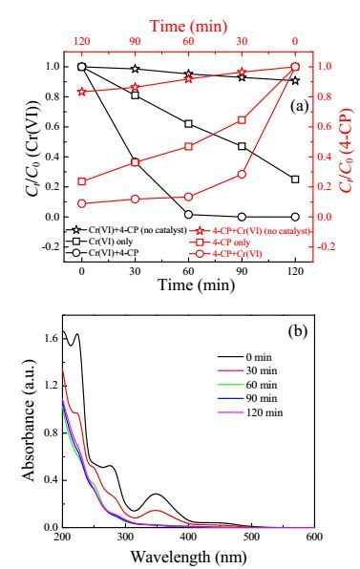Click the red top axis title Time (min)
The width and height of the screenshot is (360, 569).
pyautogui.click(x=189, y=27)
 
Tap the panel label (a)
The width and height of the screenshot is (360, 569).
pyautogui.click(x=300, y=106)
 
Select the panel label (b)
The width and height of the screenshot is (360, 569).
pyautogui.click(x=298, y=331)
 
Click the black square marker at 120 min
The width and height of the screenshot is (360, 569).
pyautogui.click(x=295, y=179)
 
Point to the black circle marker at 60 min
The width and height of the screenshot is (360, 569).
pyautogui.click(x=188, y=215)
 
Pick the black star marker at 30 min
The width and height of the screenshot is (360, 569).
pyautogui.click(x=135, y=69)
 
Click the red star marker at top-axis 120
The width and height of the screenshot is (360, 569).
pyautogui.click(x=82, y=92)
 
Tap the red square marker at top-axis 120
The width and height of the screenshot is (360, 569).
pyautogui.click(x=82, y=181)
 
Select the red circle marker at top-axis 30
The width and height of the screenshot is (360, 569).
pyautogui.click(x=242, y=175)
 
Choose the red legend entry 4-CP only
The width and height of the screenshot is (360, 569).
pyautogui.click(x=220, y=242)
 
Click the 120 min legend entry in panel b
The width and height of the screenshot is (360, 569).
pyautogui.click(x=250, y=412)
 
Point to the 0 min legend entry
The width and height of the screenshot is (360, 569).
pyautogui.click(x=244, y=357)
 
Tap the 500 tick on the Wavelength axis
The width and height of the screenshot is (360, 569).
pyautogui.click(x=251, y=537)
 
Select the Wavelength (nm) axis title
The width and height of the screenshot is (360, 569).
pyautogui.click(x=189, y=556)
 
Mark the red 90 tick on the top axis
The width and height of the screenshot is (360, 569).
pyautogui.click(x=135, y=41)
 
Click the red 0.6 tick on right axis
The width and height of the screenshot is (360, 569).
pyautogui.click(x=327, y=126)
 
